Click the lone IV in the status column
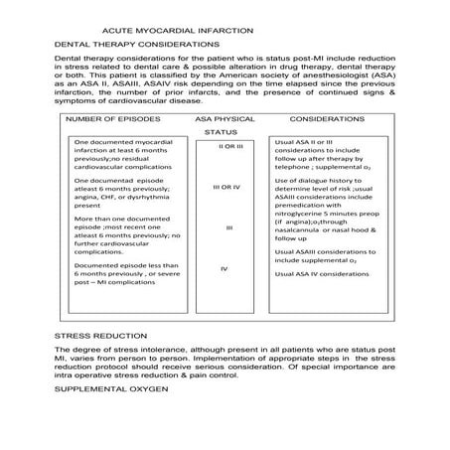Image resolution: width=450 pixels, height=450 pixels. pos(225,269)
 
